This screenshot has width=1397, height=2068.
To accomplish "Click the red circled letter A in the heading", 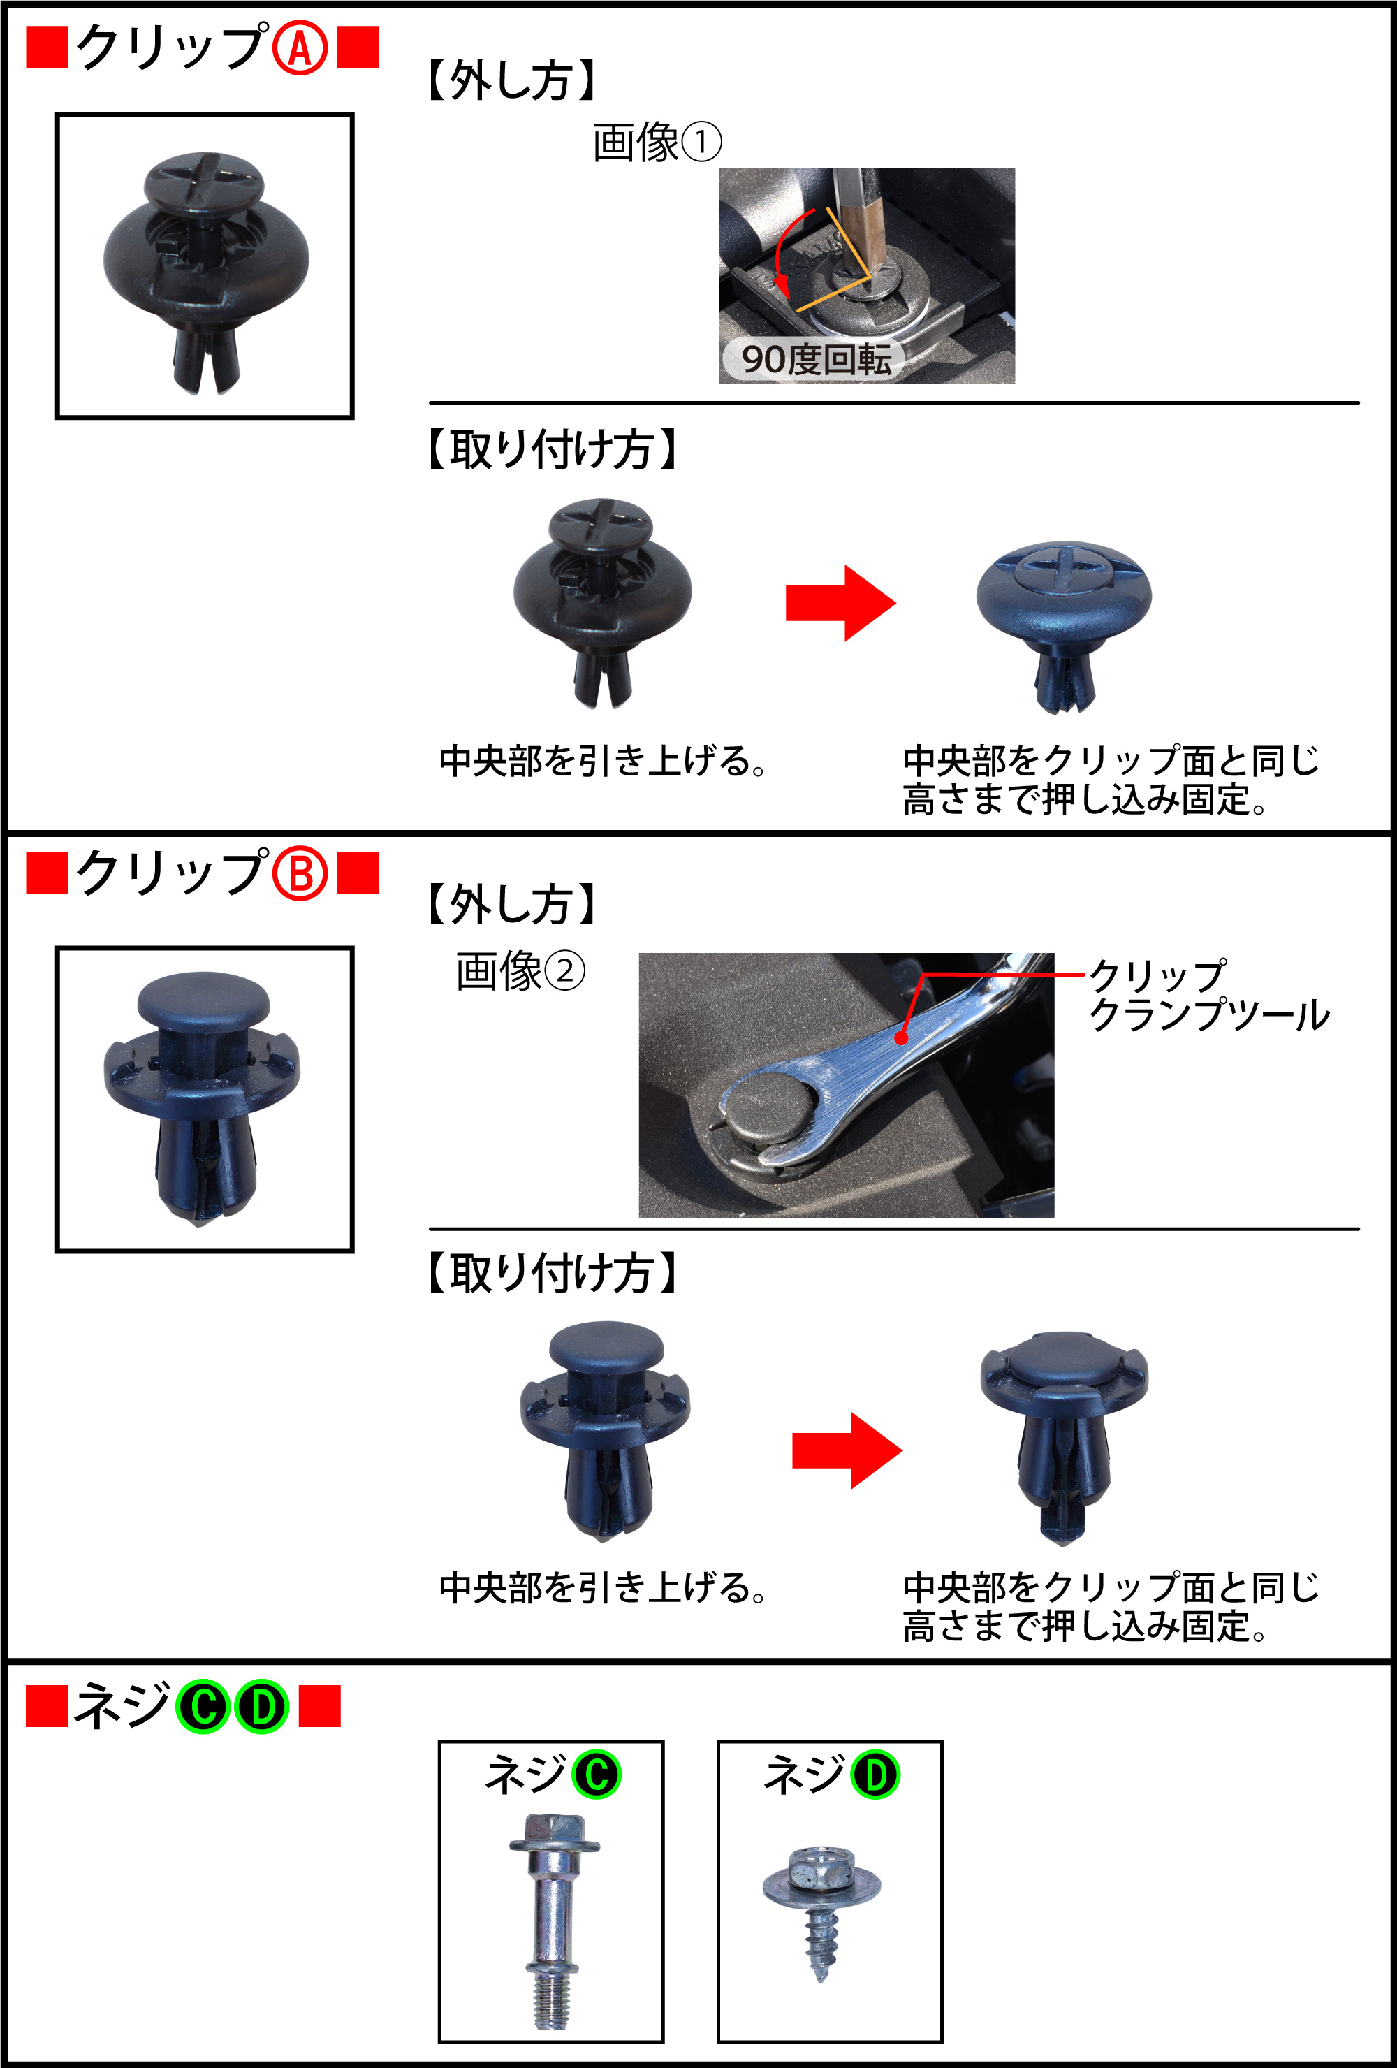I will [300, 48].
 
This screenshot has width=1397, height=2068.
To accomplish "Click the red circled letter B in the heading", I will [300, 874].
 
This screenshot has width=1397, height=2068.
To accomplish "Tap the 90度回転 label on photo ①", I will [815, 360].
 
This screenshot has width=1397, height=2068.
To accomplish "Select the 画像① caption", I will [657, 143].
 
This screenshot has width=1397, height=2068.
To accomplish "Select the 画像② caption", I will [520, 971].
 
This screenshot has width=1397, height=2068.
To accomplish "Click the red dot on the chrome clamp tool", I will [901, 1038].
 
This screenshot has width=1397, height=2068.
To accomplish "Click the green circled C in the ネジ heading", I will [204, 1707].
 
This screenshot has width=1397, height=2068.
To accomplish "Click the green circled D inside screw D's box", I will [876, 1775].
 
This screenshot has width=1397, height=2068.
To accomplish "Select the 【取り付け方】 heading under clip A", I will [552, 449].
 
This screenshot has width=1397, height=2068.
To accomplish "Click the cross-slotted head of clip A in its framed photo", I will [205, 181].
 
